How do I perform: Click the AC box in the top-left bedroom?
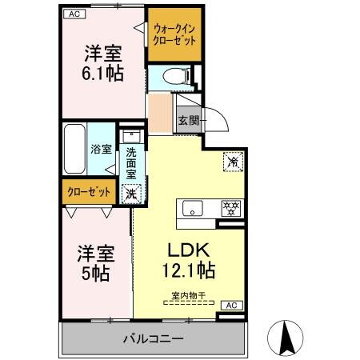73,14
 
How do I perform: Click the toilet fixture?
174,77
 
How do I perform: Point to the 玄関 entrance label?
189,121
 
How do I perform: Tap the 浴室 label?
100,149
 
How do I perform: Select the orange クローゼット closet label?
86,192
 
